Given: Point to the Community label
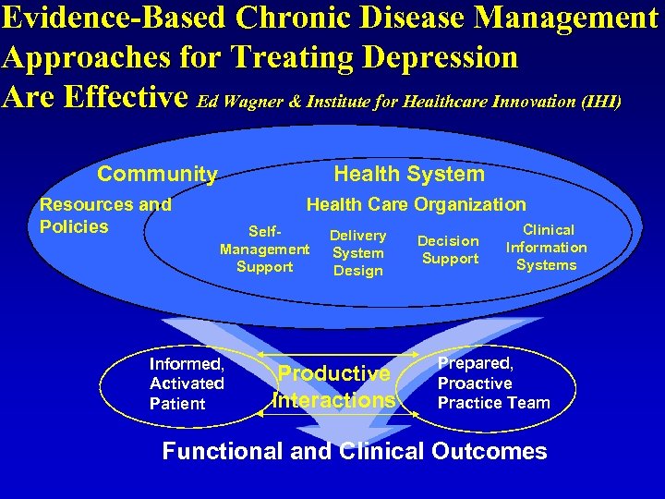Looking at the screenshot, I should point(157,174).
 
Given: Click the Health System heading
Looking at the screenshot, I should point(408,174).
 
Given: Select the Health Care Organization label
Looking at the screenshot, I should point(416,205).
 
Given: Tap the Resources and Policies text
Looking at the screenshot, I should point(104,215).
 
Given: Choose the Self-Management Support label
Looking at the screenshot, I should point(264,249).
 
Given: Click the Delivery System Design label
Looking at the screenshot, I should point(357,253).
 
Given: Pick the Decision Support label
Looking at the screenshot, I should point(449,249).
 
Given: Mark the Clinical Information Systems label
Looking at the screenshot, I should point(546,248).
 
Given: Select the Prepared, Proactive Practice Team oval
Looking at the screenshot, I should point(492,383).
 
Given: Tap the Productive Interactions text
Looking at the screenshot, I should point(334,387).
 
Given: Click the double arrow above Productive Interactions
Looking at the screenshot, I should point(338,356).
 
